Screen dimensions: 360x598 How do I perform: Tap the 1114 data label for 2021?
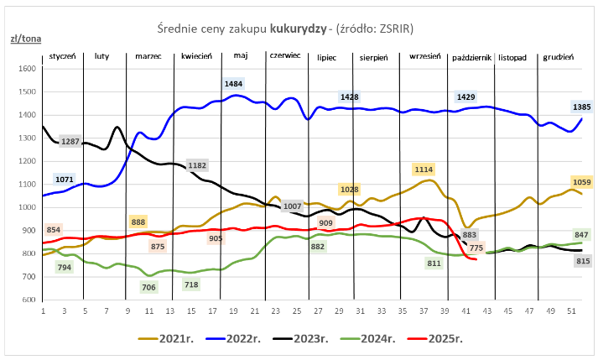point(424,169)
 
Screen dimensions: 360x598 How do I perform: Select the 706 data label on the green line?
point(148,288)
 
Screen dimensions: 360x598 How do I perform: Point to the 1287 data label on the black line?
point(70,141)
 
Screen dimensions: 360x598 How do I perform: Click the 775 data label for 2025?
point(476,247)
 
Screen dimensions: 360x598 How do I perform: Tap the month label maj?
point(241,56)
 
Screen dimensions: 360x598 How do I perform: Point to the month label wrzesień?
point(426,56)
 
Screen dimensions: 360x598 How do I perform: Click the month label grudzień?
point(558,56)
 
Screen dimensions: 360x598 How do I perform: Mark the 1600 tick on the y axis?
point(27,69)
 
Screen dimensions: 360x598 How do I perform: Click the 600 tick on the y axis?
point(29,300)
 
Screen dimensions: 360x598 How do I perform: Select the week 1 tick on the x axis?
point(43,311)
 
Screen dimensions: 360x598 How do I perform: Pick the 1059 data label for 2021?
point(559,182)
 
